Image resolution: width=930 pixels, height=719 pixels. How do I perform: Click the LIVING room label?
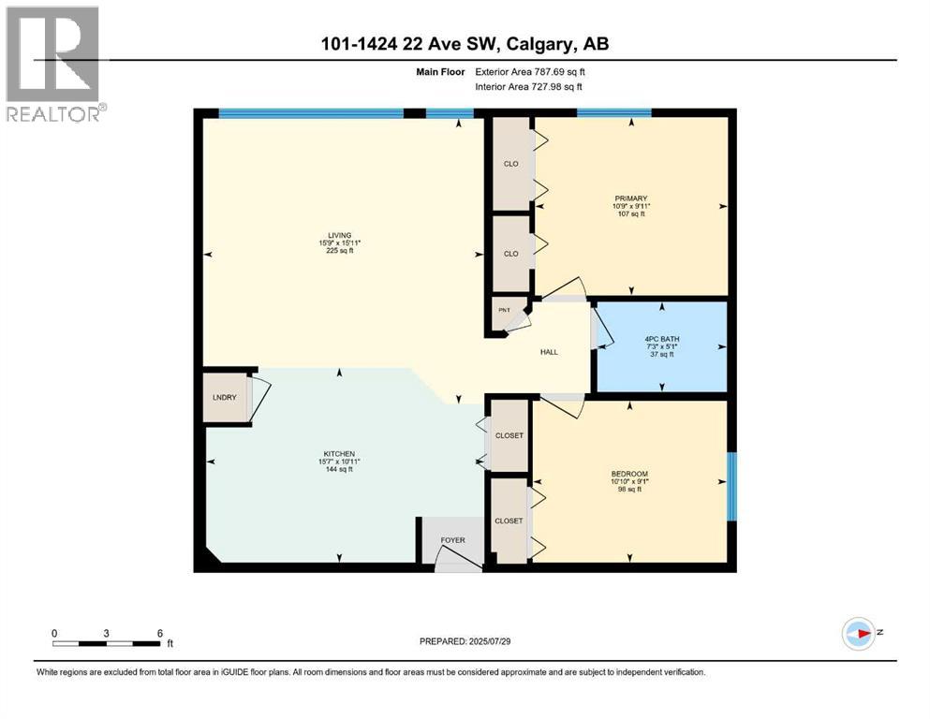pos(339,234)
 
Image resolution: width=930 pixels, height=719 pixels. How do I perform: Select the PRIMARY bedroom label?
pos(631,198)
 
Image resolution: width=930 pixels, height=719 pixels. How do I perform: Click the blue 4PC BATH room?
pos(661,346)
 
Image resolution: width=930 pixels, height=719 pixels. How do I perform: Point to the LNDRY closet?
pos(224,399)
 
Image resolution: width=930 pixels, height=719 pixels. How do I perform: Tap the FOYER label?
pos(452,540)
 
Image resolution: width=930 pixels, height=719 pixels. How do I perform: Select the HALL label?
pos(549,352)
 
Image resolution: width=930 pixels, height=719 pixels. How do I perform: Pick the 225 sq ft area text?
pos(339,251)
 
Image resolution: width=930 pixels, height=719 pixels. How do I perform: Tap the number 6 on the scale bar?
pos(159,633)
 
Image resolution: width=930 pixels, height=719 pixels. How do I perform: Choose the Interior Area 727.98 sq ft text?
pos(528,86)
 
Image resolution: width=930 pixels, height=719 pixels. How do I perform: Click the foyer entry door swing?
pos(459,560)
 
